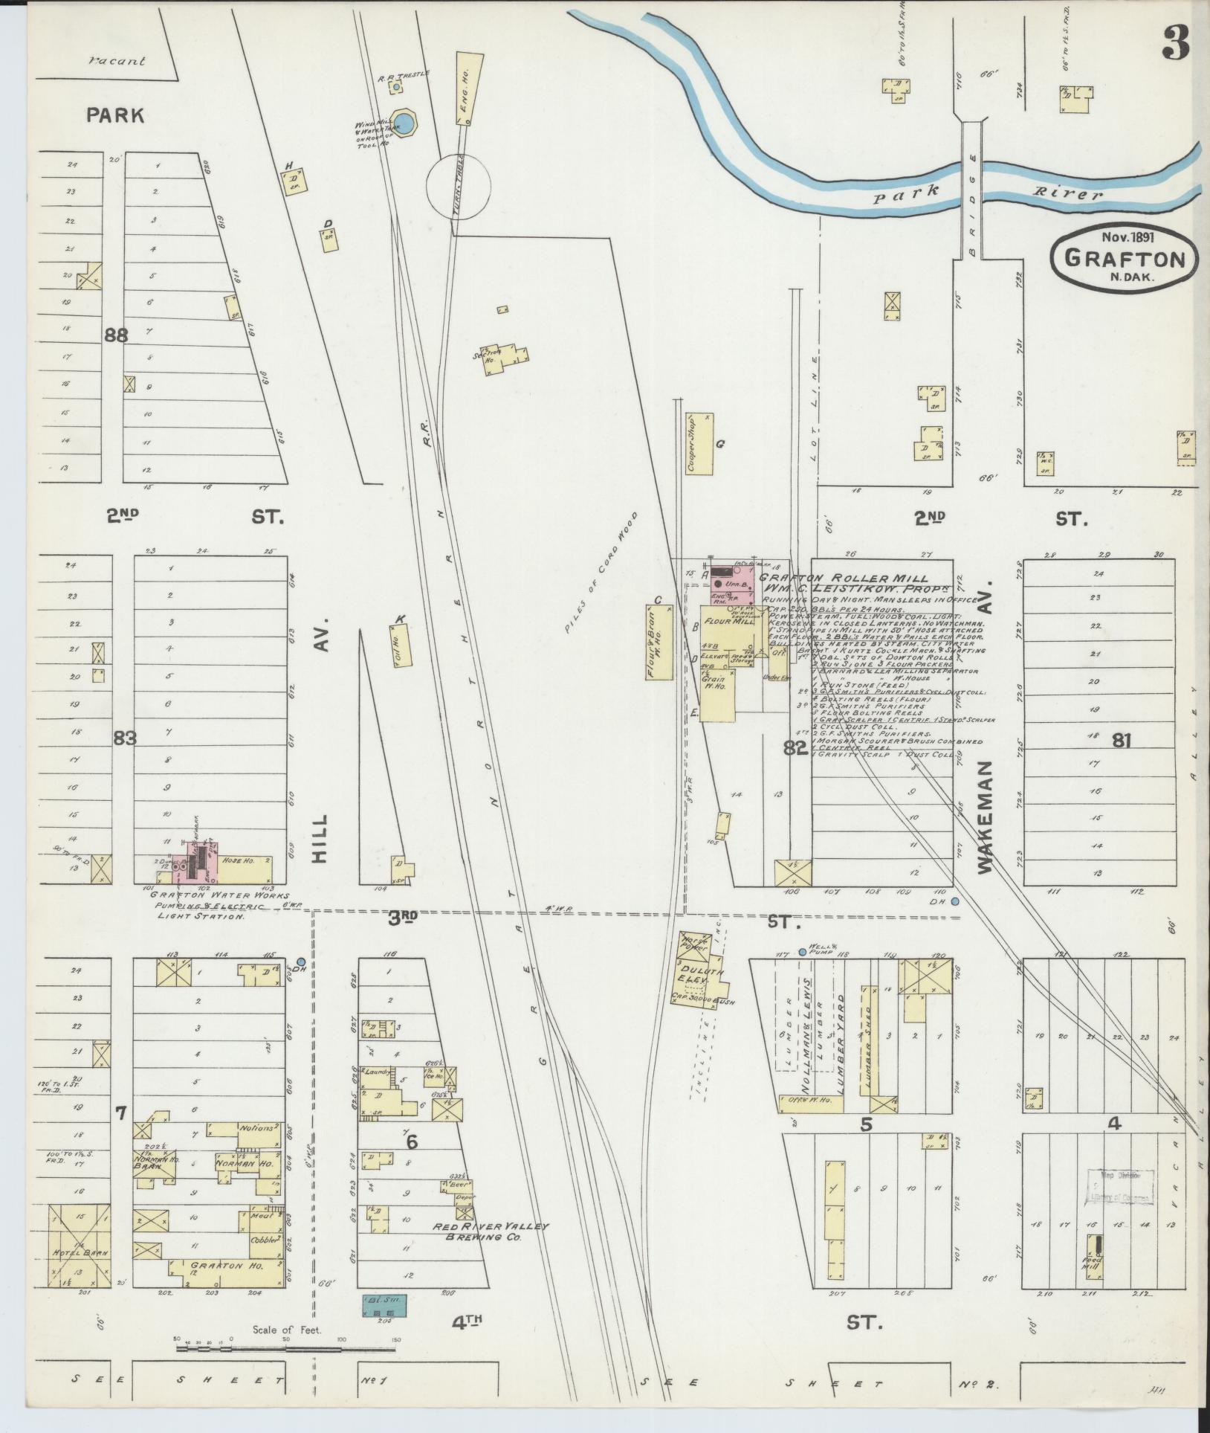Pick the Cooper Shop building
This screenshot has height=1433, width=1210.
700,444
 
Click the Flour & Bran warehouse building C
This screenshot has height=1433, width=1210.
659,641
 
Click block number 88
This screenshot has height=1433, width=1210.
116,335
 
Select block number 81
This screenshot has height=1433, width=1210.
1122,740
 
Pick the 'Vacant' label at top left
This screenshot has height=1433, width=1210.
117,62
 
